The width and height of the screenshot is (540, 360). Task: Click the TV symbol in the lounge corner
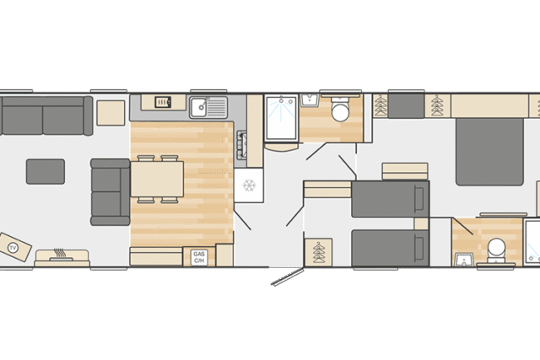(13, 248)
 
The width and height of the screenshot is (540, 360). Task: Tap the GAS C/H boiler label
(199, 257)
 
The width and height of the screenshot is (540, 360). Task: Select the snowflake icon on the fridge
(249, 185)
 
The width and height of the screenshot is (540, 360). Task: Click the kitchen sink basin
(198, 107)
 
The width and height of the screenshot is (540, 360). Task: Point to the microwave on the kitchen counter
(163, 102)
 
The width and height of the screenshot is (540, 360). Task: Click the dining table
(157, 179)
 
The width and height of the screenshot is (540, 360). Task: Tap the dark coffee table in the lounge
(46, 171)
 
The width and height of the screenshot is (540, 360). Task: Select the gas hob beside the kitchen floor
(242, 145)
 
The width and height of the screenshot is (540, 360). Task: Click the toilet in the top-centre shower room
(340, 109)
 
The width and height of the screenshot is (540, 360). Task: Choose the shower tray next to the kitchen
(281, 118)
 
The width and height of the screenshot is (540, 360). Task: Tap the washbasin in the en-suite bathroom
(463, 259)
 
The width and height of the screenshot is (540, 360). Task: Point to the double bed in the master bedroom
(489, 152)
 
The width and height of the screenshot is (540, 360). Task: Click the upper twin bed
(391, 199)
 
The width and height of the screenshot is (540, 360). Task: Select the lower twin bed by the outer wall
(391, 248)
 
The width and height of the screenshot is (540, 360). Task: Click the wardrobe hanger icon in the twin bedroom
(319, 252)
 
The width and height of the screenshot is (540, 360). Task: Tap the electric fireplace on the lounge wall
(62, 258)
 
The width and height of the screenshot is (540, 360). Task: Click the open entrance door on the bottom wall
(287, 277)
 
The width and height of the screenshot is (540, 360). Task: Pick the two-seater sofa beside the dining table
(111, 192)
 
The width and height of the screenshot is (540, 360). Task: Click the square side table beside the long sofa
(111, 113)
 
